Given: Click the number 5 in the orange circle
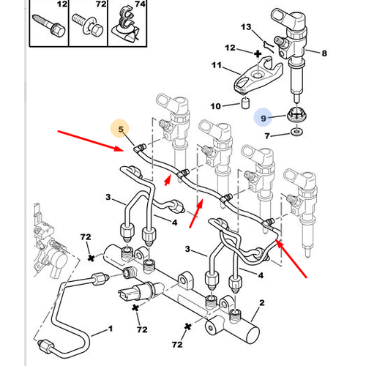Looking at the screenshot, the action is pyautogui.click(x=121, y=129).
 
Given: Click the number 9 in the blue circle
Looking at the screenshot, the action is pyautogui.click(x=264, y=119).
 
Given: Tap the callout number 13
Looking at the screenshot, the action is pyautogui.click(x=246, y=27).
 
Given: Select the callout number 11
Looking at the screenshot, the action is pyautogui.click(x=217, y=65).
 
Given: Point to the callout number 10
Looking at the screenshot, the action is pyautogui.click(x=215, y=106).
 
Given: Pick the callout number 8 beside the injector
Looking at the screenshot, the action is pyautogui.click(x=324, y=53).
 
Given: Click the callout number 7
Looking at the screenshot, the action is pyautogui.click(x=267, y=135).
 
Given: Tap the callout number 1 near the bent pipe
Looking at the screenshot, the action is pyautogui.click(x=111, y=329).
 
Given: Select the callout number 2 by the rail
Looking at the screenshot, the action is pyautogui.click(x=262, y=303).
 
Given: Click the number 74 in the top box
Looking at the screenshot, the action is pyautogui.click(x=140, y=4).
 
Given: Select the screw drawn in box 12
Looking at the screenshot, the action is pyautogui.click(x=49, y=25).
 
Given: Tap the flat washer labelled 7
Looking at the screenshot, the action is pyautogui.click(x=296, y=132).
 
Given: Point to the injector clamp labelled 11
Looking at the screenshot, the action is pyautogui.click(x=258, y=75).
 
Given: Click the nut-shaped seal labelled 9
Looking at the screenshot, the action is pyautogui.click(x=296, y=114).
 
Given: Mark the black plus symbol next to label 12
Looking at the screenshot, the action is pyautogui.click(x=258, y=53).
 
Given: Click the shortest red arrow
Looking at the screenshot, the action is pyautogui.click(x=168, y=179).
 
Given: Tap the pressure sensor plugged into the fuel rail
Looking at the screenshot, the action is pyautogui.click(x=138, y=291).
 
